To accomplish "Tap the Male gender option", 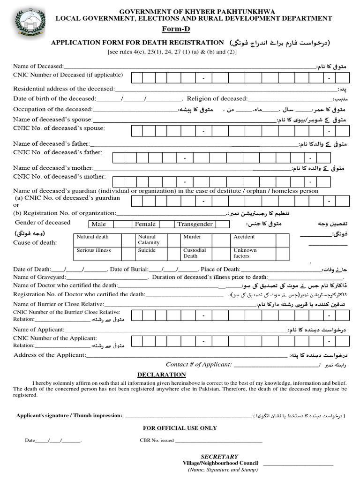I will click(x=99, y=224).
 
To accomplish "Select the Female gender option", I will click(x=145, y=224).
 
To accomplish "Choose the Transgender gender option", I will click(x=195, y=224).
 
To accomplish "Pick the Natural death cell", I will click(x=93, y=237).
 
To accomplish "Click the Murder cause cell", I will click(x=192, y=237).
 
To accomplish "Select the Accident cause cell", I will click(x=244, y=237).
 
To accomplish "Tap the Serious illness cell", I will click(x=94, y=250).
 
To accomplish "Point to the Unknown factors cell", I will click(x=245, y=253).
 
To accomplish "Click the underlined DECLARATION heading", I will click(x=161, y=375).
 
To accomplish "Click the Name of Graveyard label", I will click(x=40, y=277).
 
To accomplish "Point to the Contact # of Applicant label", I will click(x=198, y=364).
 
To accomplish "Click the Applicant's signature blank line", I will click(x=187, y=416).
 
